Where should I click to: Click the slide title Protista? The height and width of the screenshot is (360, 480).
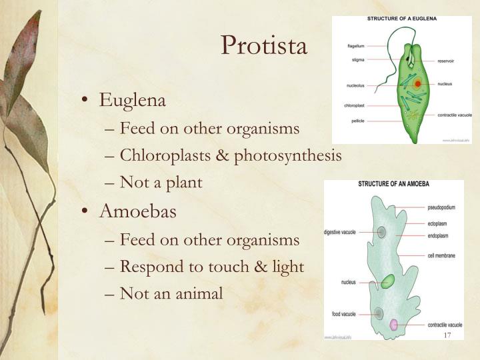264,45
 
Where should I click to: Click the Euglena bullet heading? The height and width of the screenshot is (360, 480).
132,100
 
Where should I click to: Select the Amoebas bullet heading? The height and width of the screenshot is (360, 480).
137,212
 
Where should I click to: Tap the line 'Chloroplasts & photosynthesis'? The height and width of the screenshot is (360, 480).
231,155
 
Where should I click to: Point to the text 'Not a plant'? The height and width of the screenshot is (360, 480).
161,183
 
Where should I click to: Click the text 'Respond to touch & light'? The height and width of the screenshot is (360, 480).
211,267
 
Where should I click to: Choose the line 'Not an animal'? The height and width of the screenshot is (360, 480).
171,293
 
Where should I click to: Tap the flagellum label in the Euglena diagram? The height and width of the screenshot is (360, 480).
355,46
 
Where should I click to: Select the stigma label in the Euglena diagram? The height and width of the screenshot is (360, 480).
357,60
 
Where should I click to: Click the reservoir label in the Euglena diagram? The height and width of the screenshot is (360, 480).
446,60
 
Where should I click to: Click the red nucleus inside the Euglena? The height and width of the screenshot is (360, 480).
417,84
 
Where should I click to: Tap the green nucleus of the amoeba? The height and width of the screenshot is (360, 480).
387,281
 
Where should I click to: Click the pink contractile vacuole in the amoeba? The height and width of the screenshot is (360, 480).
394,325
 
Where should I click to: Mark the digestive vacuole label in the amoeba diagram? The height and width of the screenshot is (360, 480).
341,232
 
